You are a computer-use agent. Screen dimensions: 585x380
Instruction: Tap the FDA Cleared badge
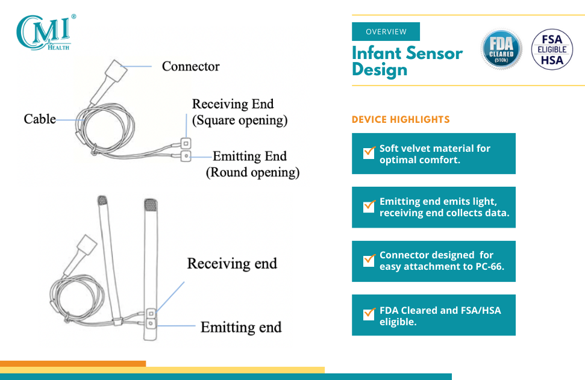[501, 49]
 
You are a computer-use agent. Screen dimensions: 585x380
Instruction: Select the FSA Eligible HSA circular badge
[552, 49]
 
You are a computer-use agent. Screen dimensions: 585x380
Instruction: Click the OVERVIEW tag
[386, 32]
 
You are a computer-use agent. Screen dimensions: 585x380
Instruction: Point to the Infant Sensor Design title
[407, 61]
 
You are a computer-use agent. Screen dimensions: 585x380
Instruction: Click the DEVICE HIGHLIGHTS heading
[401, 119]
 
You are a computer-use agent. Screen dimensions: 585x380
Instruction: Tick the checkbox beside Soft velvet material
[369, 152]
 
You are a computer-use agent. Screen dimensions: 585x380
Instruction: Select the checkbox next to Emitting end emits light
[369, 206]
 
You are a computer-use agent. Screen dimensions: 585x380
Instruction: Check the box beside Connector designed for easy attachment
[369, 260]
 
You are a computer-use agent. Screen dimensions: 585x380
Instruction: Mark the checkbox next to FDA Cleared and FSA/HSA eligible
[369, 314]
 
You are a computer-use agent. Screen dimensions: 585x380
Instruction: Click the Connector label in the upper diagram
[190, 66]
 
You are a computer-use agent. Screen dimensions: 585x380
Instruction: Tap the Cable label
[40, 119]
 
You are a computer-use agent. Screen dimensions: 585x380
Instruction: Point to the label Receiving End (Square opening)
[240, 112]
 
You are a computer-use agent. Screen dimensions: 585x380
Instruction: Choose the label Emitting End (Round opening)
[252, 164]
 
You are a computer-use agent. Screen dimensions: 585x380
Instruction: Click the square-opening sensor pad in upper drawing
[186, 143]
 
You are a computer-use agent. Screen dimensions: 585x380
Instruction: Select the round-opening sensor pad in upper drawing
[186, 156]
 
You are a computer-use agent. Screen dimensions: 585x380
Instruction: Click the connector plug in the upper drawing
[116, 71]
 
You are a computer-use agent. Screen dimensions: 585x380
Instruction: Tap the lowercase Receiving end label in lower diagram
[232, 263]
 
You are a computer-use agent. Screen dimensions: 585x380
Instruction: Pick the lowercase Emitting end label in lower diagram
[241, 327]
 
